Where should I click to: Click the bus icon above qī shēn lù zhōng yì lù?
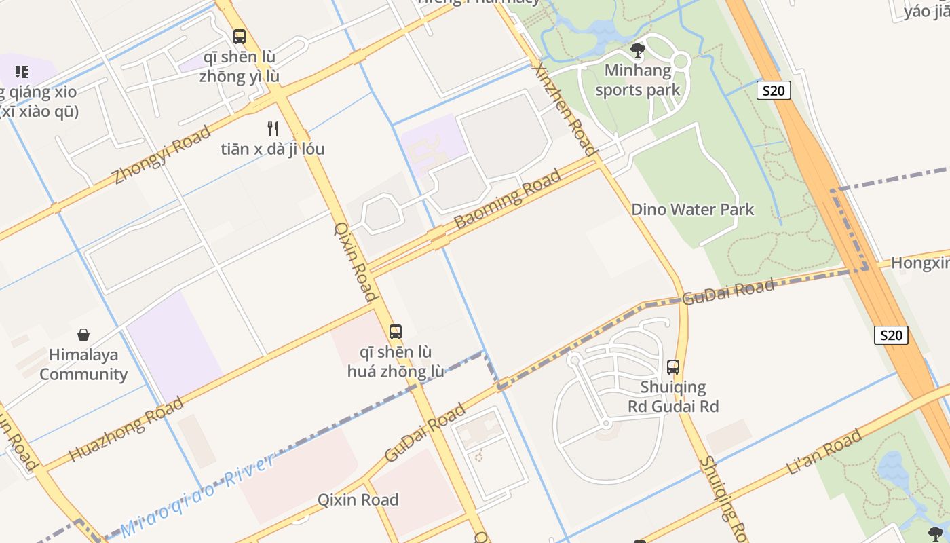pos(239,37)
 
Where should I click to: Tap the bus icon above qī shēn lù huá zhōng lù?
pos(396,332)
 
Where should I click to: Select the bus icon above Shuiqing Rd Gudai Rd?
pos(673,367)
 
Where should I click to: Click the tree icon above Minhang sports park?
pos(638,50)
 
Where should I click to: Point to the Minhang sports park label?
pos(637,80)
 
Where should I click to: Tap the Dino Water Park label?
pos(692,209)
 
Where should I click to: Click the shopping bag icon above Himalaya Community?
pos(83,335)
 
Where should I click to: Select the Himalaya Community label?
pos(83,364)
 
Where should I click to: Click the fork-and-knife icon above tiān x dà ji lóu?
pos(273,129)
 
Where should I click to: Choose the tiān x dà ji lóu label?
pos(273,149)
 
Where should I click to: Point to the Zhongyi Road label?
pos(161,155)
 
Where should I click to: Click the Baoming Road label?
pos(508,199)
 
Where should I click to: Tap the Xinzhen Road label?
pos(565,109)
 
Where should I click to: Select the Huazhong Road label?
pos(126,429)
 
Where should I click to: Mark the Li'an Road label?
pos(824,451)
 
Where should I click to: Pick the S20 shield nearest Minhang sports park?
pos(774,91)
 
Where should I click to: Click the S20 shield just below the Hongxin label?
pos(891,335)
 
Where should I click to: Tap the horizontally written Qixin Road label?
pos(358,500)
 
